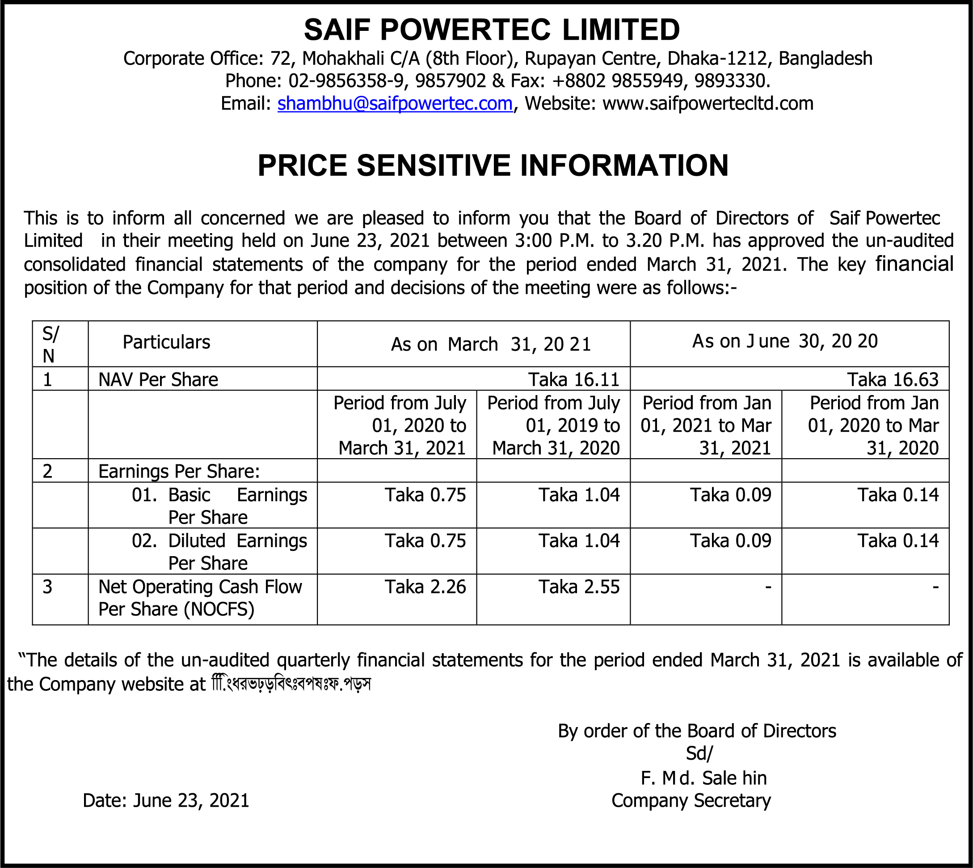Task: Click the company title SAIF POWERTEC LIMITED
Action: [x=491, y=30]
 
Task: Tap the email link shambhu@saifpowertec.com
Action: [x=395, y=103]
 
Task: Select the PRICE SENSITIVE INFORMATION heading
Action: [x=493, y=166]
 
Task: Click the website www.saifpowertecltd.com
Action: [x=708, y=103]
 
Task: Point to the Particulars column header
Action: [x=166, y=342]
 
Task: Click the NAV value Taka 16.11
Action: [x=573, y=379]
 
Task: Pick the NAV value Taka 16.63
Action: [x=893, y=379]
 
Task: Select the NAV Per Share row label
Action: [x=158, y=379]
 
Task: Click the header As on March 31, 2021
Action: [x=490, y=345]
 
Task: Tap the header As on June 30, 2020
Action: [x=784, y=341]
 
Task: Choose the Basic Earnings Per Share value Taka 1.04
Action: [x=579, y=495]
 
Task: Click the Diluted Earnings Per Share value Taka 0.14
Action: [x=898, y=541]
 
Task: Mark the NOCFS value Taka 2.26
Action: [x=425, y=587]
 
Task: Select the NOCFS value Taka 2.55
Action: [x=579, y=587]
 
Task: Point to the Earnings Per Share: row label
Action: [x=179, y=471]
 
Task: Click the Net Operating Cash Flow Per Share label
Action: [x=200, y=598]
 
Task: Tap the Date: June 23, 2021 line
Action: [x=166, y=800]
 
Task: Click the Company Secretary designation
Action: [x=691, y=800]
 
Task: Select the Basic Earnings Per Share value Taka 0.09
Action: [x=730, y=495]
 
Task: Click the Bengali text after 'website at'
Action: [x=291, y=685]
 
